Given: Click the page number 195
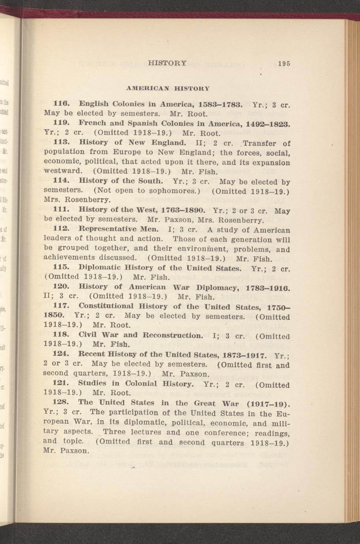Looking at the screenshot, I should point(284,63).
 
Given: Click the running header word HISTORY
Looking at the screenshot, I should point(167,63).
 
